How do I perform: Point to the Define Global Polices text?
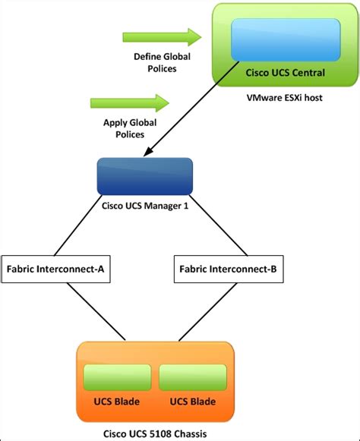162,63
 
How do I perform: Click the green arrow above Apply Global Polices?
130,102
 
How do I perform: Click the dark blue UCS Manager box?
145,176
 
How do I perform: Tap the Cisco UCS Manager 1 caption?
144,204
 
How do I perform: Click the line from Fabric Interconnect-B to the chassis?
204,311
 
